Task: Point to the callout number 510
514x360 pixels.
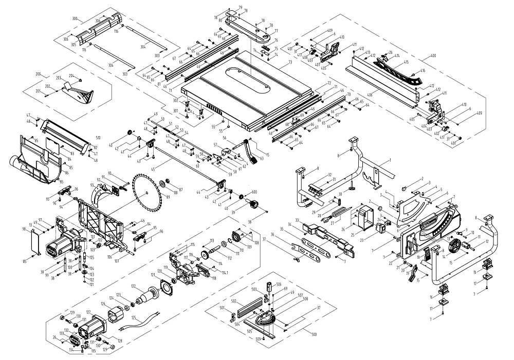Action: coord(98,138)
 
